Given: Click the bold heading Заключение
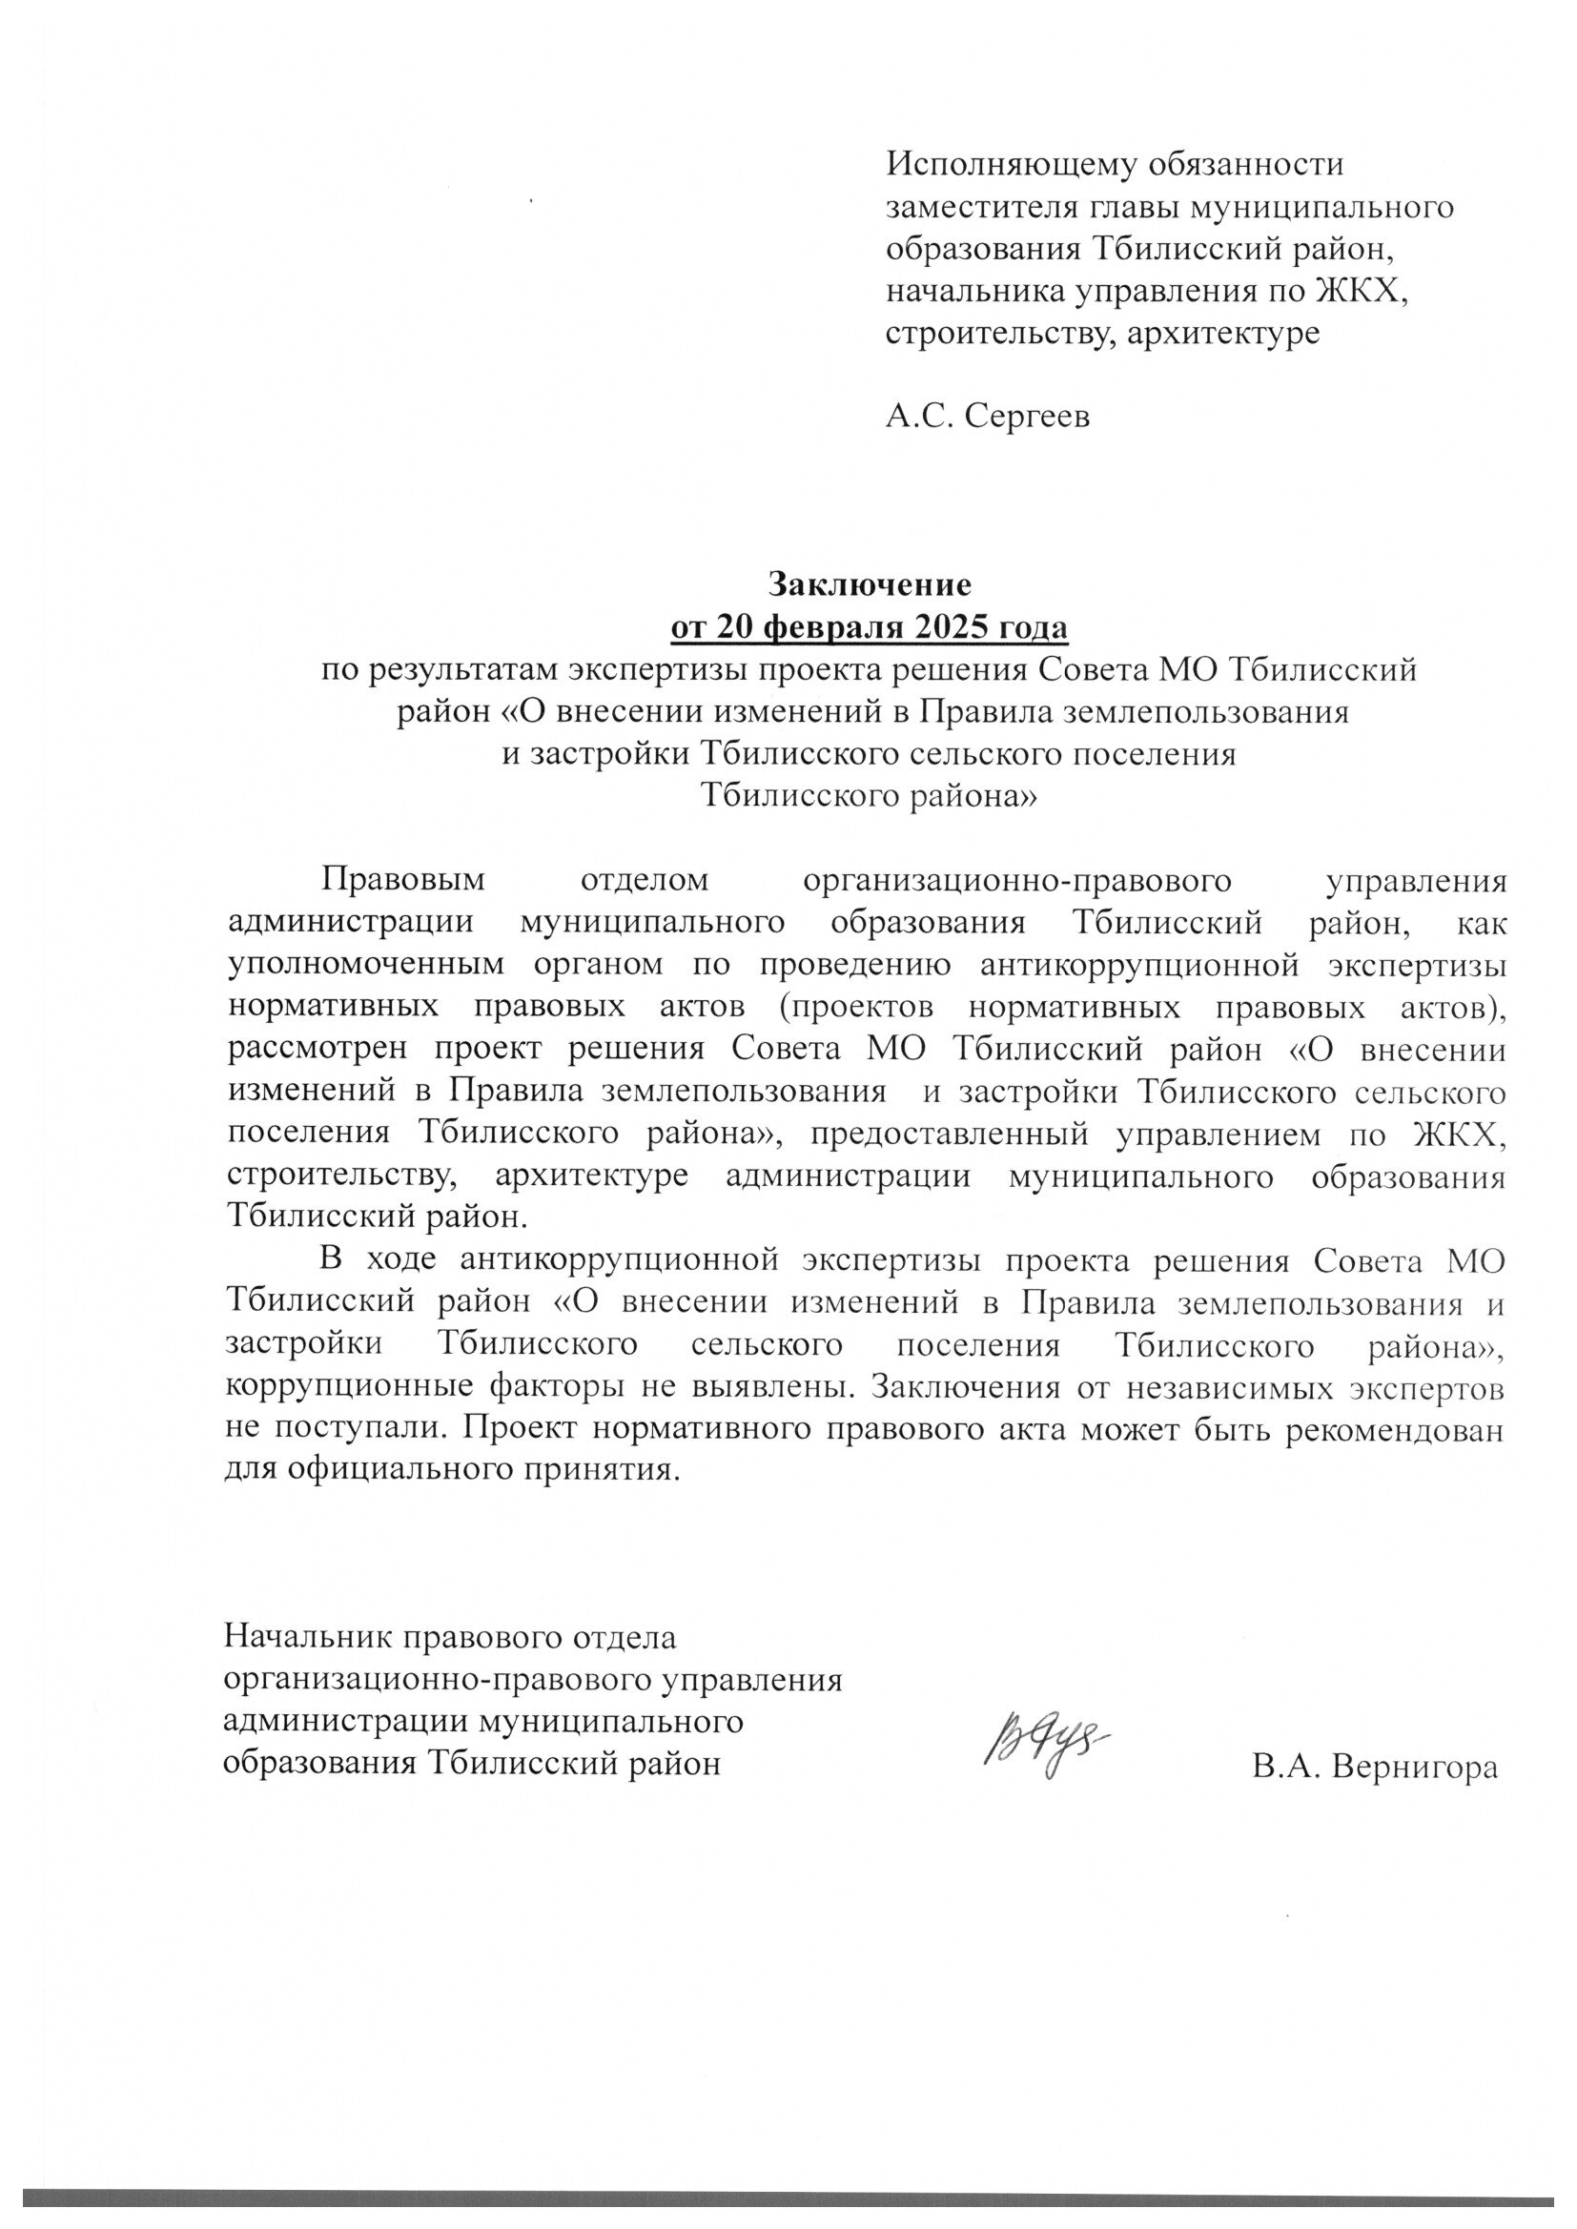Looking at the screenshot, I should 870,583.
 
